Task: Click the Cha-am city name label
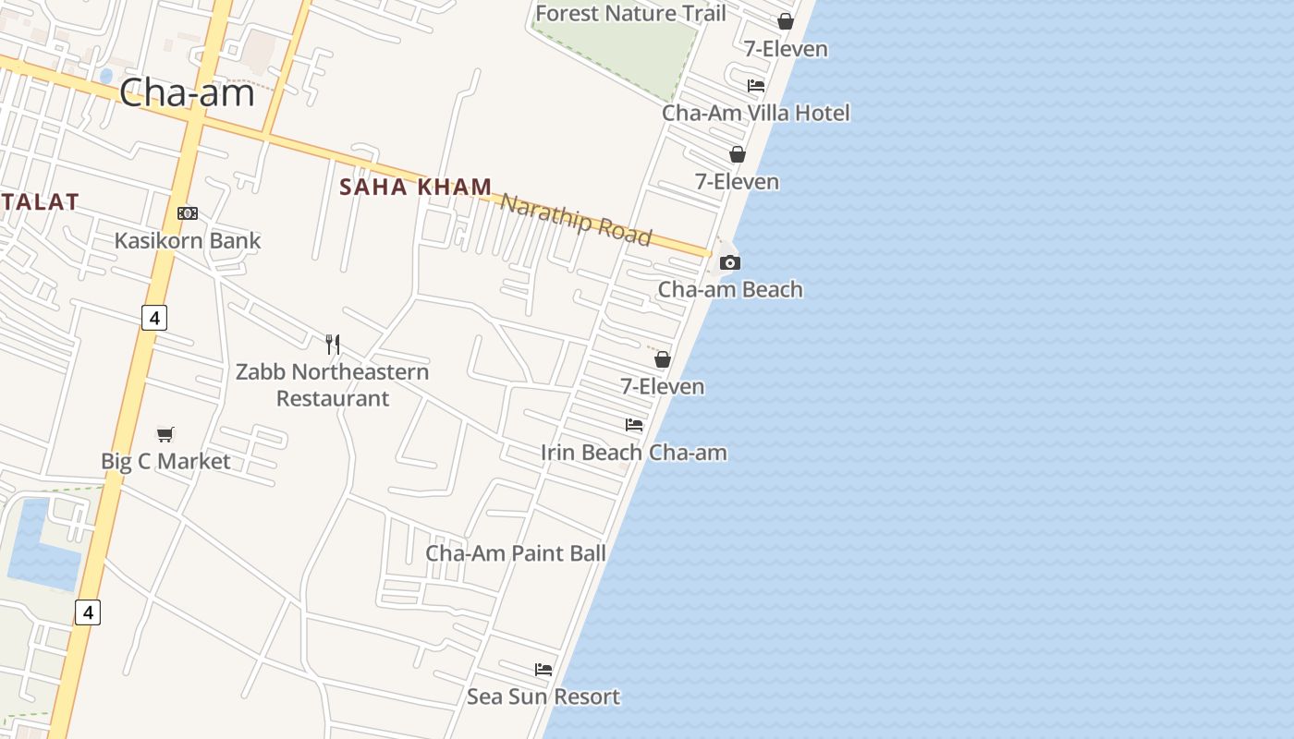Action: coord(187,93)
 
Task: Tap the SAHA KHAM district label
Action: coord(415,187)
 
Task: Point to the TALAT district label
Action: coord(39,201)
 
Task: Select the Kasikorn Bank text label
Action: coord(188,240)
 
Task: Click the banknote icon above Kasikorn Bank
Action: coord(188,213)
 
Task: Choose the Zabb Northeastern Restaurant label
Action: coord(332,384)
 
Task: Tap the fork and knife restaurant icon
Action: coord(333,345)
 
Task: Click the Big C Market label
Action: coord(165,461)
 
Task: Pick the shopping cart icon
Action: coord(165,434)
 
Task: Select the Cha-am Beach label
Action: coord(730,289)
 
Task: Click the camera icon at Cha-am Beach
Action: coord(730,263)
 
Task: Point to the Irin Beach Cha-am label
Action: coord(634,452)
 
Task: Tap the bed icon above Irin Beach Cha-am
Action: coord(634,425)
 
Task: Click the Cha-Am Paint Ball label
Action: coord(516,552)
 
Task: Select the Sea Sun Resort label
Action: coord(543,696)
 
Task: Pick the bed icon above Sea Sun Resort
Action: coord(543,669)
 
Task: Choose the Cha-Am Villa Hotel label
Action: coord(756,113)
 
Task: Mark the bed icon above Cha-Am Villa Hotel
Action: coord(756,86)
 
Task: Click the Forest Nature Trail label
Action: coord(630,13)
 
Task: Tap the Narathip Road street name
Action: coord(576,220)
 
